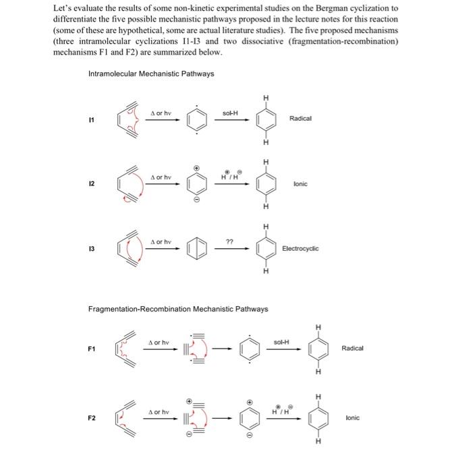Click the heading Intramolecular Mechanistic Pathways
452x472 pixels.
click(x=151, y=73)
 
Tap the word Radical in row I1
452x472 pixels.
click(x=300, y=118)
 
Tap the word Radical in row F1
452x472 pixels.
click(x=352, y=348)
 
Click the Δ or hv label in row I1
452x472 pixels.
click(x=161, y=113)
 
